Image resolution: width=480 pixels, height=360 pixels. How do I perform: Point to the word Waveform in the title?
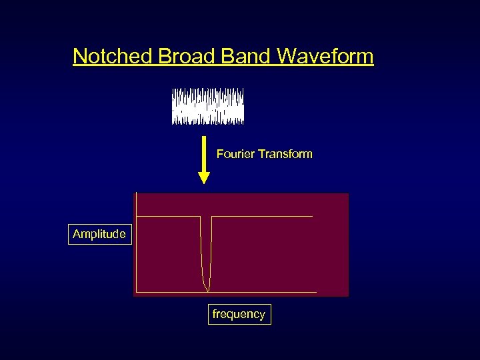[325, 56]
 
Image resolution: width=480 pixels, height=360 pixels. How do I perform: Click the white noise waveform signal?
[208, 107]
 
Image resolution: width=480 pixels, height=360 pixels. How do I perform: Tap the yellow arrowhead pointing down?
[205, 177]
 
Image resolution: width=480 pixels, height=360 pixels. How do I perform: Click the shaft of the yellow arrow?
[205, 153]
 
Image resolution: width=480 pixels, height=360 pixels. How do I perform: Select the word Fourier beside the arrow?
[235, 154]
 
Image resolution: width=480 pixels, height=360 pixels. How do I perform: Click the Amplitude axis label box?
[99, 234]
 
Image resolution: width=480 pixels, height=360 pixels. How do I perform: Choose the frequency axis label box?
[239, 314]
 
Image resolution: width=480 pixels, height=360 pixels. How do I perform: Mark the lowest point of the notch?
[207, 290]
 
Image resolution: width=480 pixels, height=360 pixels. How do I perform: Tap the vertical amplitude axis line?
[135, 253]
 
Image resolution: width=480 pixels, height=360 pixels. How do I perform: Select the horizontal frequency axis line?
[227, 293]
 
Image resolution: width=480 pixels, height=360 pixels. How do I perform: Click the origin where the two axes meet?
[135, 293]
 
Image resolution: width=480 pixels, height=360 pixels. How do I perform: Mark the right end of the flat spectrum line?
[312, 217]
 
